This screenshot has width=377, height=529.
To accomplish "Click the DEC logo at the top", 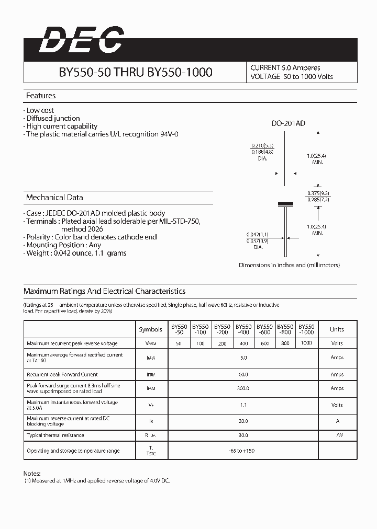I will point(82,41).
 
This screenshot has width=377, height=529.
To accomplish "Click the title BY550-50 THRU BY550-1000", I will point(135,73).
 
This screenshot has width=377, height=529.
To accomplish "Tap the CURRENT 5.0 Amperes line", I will point(285,68).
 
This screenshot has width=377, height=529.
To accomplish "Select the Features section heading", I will point(41,96).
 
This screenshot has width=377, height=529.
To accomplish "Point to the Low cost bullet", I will point(40,110).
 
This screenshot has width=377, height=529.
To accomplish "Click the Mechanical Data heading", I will point(54,198).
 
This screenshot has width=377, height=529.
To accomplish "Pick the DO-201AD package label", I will point(288,124).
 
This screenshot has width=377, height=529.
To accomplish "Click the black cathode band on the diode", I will point(284,203).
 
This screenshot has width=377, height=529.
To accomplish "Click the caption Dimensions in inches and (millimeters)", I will point(289,265).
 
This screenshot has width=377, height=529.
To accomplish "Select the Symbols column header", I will point(151,329).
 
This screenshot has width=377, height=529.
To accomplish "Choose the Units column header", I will point(337,329).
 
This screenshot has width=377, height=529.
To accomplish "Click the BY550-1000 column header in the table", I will point(307,329).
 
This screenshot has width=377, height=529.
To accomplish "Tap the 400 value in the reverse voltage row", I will point(243,343).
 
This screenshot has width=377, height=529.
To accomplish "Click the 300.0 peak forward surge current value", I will point(243,388).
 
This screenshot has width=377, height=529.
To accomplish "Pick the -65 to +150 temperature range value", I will point(243,451).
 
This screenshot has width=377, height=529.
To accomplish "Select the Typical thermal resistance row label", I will point(56,435).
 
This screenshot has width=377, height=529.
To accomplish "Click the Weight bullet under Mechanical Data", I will point(76,253).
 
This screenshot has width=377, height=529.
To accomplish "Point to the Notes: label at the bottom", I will point(32,473).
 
